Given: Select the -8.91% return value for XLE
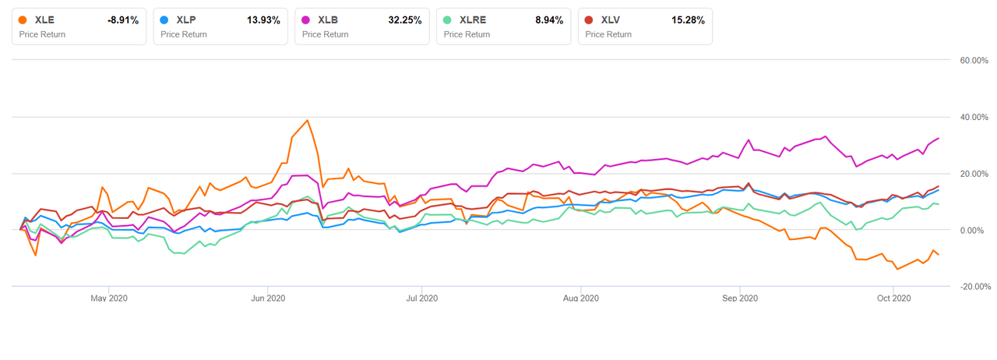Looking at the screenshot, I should click(122, 20).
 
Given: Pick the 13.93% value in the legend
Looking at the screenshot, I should click(265, 20).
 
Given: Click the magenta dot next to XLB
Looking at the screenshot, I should click(307, 20).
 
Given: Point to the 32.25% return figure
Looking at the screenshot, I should click(407, 20).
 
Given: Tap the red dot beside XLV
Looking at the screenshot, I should click(590, 20).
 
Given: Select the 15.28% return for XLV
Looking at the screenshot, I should click(689, 20).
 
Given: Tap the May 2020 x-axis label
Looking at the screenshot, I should click(109, 298).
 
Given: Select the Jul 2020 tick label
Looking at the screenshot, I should click(420, 298).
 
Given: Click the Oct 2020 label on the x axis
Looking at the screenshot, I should click(894, 298).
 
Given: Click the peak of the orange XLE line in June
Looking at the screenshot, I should click(308, 120).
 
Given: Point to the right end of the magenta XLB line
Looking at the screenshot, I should click(939, 138).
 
